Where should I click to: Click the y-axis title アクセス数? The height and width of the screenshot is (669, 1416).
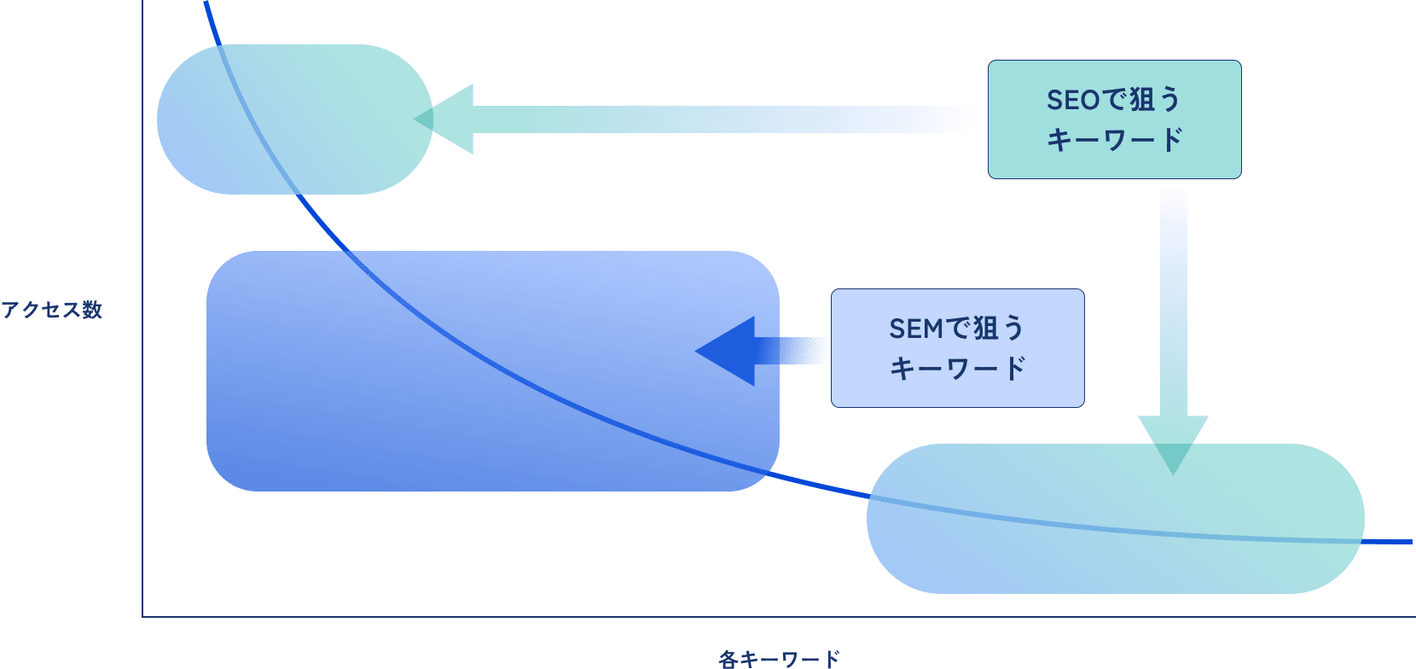click(51, 310)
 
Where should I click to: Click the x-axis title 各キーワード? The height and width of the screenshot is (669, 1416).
click(779, 659)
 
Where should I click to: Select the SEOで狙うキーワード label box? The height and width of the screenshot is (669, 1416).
click(1114, 119)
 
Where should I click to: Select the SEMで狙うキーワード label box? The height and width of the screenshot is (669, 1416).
click(957, 348)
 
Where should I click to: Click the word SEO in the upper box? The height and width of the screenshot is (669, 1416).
click(1072, 100)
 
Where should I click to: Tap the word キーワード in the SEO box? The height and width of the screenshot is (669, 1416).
click(1114, 140)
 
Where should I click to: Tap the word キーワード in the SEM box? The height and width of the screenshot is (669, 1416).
click(957, 369)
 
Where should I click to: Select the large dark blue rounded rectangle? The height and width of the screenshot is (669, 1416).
click(492, 371)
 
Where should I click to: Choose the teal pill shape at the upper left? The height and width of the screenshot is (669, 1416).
click(294, 119)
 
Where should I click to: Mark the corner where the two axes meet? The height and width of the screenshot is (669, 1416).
click(142, 616)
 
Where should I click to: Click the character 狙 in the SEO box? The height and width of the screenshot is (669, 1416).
click(1141, 100)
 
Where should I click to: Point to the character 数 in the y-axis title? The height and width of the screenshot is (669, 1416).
click(92, 310)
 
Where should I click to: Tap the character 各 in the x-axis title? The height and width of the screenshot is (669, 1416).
click(728, 659)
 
